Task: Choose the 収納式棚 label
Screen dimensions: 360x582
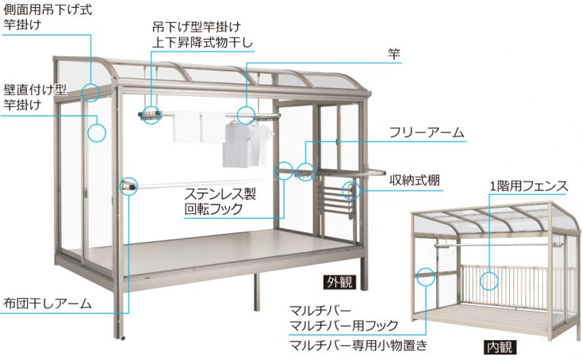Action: (x=414, y=180)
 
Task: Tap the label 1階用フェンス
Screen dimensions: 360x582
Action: (x=528, y=187)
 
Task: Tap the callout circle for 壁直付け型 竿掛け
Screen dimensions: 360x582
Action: (x=97, y=132)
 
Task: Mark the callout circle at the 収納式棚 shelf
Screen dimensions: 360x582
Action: (x=350, y=190)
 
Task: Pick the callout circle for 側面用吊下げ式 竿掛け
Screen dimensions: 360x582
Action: (x=90, y=93)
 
